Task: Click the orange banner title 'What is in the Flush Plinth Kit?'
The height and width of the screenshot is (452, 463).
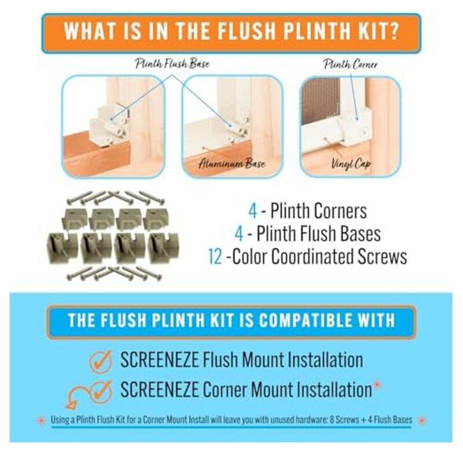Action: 231,32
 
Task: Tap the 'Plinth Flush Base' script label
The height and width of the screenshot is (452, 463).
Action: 172,64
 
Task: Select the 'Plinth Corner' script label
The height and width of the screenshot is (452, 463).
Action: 351,64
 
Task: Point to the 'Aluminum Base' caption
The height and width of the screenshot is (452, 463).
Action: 232,163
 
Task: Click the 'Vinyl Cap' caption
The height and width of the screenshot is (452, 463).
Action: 351,163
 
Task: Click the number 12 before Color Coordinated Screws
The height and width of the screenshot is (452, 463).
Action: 215,257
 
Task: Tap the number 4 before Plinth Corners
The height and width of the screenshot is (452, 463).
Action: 253,211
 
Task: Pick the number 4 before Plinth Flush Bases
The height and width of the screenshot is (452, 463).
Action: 239,234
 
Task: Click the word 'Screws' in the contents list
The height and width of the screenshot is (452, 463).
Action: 383,256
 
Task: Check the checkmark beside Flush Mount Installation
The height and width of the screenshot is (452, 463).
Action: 101,360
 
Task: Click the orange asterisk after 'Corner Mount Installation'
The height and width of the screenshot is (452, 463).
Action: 377,385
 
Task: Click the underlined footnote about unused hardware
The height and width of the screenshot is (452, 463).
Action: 231,420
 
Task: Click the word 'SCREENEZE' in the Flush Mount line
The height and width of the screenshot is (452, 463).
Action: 160,360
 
